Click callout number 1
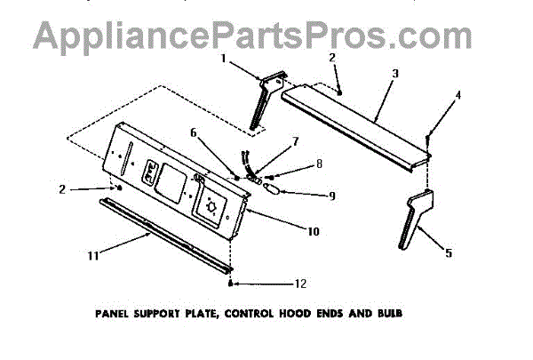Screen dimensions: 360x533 point(224,60)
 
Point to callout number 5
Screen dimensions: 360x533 point(449,254)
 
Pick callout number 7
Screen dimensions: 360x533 point(296,141)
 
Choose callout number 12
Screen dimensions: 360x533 point(301,284)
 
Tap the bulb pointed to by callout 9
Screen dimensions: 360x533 point(272,188)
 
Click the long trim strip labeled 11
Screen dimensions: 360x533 point(164,235)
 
